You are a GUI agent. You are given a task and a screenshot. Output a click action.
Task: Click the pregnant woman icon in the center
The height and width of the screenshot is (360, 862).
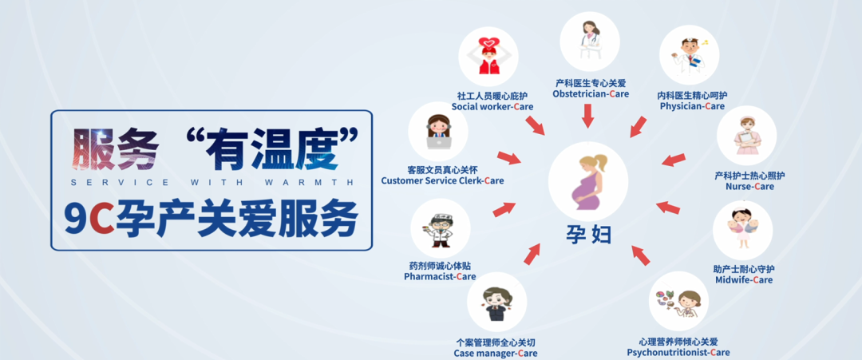[x=588, y=181]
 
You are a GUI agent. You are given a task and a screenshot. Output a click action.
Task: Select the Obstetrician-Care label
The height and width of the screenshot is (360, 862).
[x=591, y=94]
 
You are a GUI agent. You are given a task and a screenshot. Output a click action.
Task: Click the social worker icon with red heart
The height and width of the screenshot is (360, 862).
[x=488, y=56]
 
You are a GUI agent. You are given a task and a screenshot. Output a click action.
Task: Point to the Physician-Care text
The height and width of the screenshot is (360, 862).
[x=692, y=106]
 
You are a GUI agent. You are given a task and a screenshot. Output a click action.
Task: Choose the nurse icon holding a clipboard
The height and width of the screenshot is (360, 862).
[x=746, y=135]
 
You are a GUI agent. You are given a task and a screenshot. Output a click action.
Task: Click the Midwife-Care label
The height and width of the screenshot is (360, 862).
[x=744, y=279]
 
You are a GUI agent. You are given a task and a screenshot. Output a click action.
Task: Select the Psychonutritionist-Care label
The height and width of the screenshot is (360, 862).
[x=678, y=352]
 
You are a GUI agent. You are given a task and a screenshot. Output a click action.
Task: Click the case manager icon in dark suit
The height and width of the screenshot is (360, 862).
[x=496, y=303]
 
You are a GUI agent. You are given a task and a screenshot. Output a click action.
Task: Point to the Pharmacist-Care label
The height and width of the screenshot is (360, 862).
[x=440, y=276]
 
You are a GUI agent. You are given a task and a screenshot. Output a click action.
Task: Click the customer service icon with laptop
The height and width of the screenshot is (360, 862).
[x=438, y=132]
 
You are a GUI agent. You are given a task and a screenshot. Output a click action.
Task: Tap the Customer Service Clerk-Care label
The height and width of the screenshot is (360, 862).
[x=442, y=181]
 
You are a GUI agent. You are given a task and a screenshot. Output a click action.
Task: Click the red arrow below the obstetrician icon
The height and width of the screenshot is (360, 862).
[x=588, y=116]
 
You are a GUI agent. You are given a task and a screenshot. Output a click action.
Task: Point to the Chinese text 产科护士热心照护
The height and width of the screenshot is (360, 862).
[x=749, y=176]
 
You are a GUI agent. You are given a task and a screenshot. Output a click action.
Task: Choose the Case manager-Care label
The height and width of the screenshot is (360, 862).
[x=496, y=354]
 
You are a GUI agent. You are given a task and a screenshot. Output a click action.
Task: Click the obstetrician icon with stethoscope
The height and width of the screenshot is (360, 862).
[x=589, y=41]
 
